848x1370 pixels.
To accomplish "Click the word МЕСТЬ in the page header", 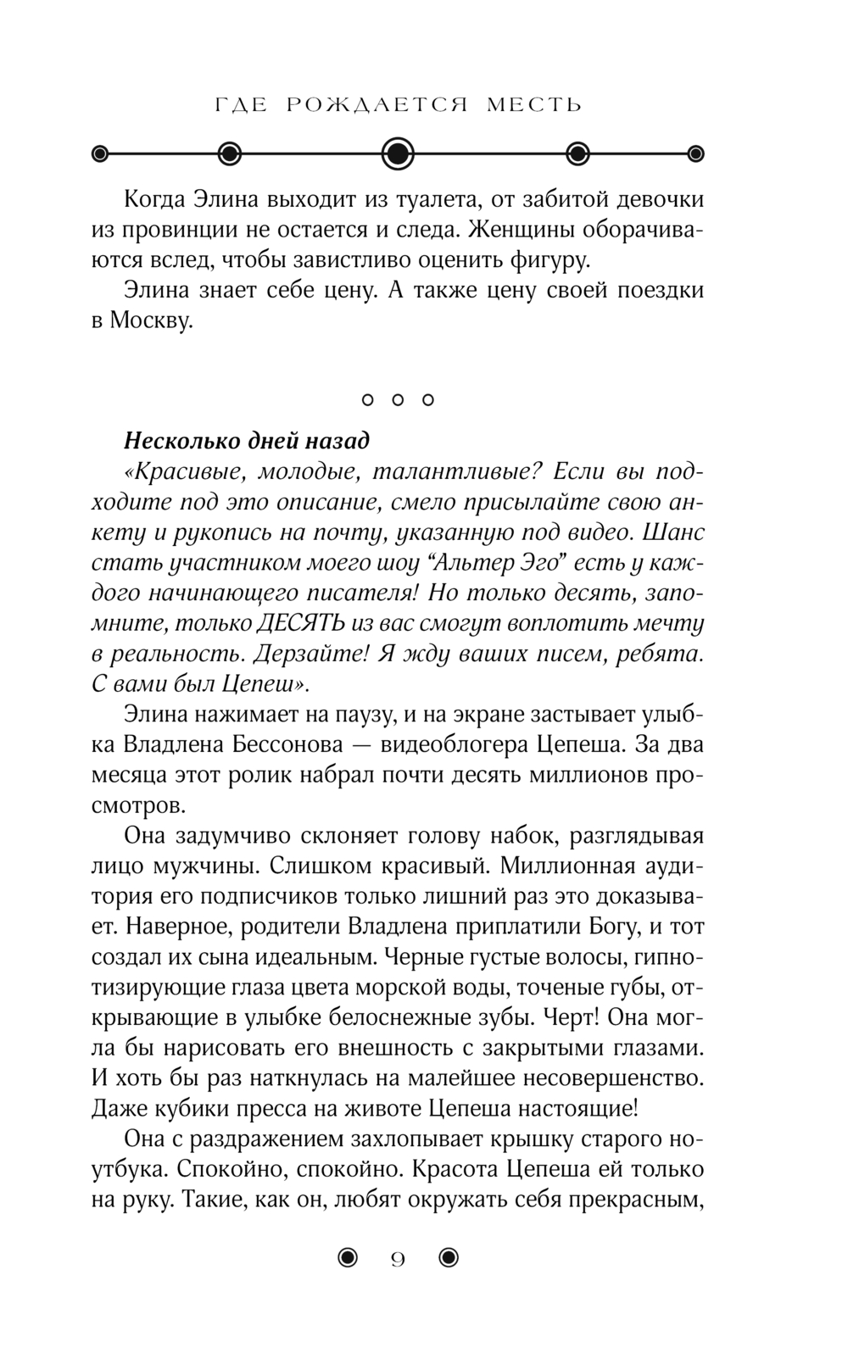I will click(x=535, y=105).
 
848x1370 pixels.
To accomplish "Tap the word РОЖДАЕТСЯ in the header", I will click(x=377, y=105).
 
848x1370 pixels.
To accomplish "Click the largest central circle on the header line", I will click(x=398, y=153).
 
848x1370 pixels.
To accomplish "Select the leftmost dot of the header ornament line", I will click(x=100, y=153).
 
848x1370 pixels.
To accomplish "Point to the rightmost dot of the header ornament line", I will click(x=696, y=153).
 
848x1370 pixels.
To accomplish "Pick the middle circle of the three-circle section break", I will click(x=397, y=399).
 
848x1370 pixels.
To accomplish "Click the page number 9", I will click(x=398, y=1260).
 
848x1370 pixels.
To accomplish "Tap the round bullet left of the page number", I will click(x=348, y=1258).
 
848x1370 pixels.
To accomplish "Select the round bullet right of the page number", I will click(x=449, y=1258).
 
